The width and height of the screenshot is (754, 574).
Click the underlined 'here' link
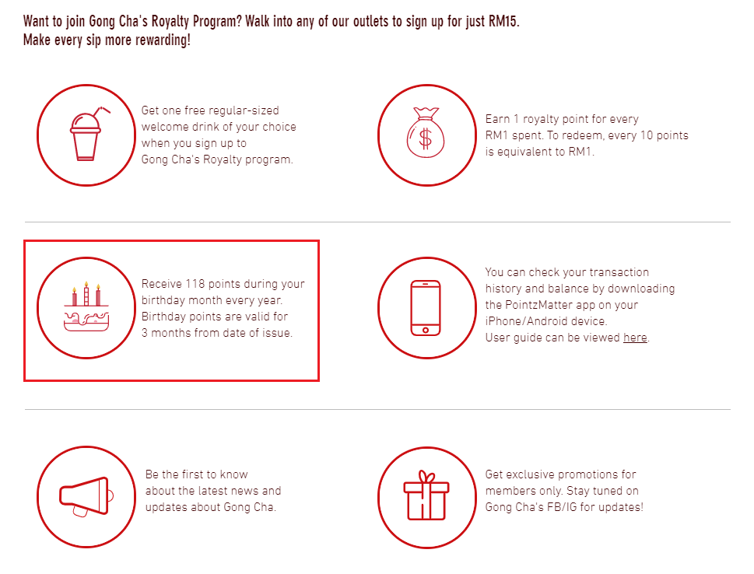click(635, 338)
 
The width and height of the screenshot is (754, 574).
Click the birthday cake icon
click(86, 306)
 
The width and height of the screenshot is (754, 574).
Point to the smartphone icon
click(426, 308)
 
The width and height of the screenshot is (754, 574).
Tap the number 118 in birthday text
click(195, 284)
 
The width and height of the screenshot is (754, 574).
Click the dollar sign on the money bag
click(426, 139)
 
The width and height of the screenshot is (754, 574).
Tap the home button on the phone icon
click(426, 331)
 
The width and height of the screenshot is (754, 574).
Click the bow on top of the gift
click(426, 477)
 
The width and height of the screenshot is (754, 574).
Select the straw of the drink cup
click(101, 112)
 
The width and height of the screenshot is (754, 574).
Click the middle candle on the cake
click(86, 294)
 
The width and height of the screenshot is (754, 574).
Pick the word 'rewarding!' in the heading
click(163, 40)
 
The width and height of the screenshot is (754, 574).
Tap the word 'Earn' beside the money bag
click(497, 119)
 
